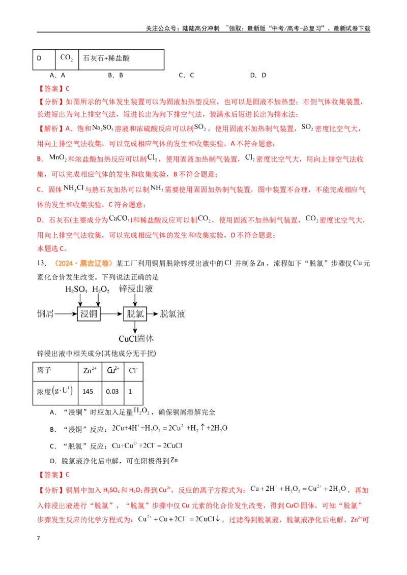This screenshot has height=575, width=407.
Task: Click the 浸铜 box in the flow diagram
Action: (89, 314)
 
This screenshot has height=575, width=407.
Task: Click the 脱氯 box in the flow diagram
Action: (135, 314)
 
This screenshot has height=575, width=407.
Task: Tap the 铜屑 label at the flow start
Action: (46, 314)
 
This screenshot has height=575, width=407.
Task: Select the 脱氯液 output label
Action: (172, 314)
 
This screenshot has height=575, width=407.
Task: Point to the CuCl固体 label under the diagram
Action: (136, 338)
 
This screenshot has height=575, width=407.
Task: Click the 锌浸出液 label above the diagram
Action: (135, 289)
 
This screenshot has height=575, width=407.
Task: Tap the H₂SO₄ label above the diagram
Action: (76, 290)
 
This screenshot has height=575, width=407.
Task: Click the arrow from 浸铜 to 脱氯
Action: (111, 314)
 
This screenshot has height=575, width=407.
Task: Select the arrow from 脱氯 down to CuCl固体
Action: (135, 327)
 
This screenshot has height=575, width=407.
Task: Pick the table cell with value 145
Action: (90, 392)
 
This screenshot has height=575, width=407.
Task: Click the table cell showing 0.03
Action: (113, 392)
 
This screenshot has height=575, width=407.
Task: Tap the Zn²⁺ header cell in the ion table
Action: (90, 371)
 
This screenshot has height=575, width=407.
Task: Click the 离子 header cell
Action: (55, 371)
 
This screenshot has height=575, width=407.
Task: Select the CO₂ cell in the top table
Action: (67, 59)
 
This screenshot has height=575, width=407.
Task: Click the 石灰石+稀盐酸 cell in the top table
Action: (121, 59)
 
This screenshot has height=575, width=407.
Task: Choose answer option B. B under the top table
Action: (115, 75)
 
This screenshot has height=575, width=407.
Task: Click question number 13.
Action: (42, 263)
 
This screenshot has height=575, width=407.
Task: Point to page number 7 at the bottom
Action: (38, 538)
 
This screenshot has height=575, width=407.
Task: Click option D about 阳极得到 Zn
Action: (114, 461)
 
